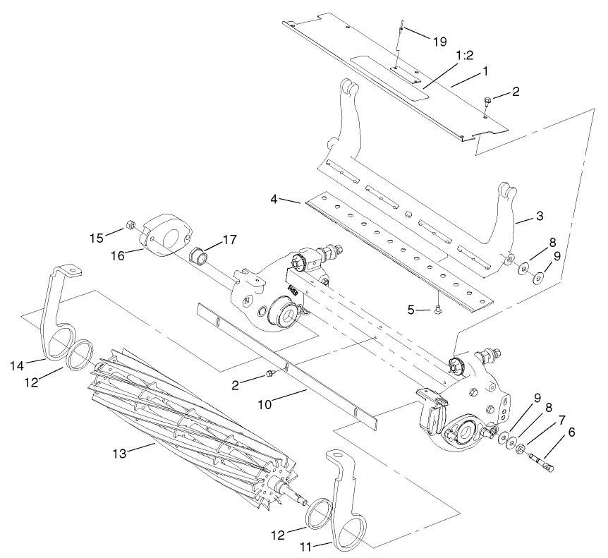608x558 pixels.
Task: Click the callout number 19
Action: pyautogui.click(x=439, y=42)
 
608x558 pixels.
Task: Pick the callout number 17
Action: pyautogui.click(x=231, y=241)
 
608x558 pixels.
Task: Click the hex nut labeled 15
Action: pyautogui.click(x=130, y=225)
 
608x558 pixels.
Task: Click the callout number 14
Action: pyautogui.click(x=18, y=365)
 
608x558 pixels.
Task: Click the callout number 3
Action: pyautogui.click(x=539, y=217)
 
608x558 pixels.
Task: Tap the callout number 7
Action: pyautogui.click(x=561, y=420)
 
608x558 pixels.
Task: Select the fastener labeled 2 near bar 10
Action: pyautogui.click(x=269, y=374)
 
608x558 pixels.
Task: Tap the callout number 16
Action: pyautogui.click(x=117, y=255)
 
